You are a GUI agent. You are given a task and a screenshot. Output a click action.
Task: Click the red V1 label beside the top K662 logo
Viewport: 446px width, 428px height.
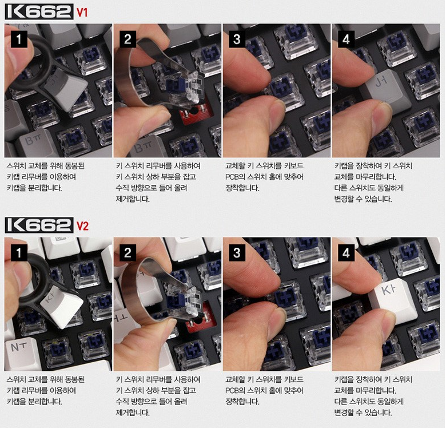[x=82, y=13]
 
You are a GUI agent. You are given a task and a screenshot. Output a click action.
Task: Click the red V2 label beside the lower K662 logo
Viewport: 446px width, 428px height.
[x=82, y=226]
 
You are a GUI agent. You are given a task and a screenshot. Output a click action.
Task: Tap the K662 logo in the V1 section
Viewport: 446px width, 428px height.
[x=39, y=12]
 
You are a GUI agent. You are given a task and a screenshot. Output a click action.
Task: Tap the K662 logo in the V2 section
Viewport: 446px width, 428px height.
[x=39, y=225]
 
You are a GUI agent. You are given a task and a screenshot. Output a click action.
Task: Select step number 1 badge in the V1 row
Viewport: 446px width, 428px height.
[x=19, y=39]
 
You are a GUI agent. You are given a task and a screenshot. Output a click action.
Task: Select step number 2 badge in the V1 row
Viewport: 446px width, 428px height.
[x=128, y=39]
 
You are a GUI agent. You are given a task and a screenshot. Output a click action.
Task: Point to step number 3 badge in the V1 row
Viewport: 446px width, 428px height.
[x=237, y=39]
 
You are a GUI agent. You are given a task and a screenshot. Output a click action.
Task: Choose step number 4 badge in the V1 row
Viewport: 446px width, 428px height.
[x=346, y=39]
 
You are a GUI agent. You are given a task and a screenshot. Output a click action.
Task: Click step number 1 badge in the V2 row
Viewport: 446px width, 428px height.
[x=19, y=253]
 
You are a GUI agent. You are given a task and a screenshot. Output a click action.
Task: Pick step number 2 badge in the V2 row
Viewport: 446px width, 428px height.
[x=128, y=253]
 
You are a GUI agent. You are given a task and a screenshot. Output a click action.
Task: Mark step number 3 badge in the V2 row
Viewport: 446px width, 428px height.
[x=237, y=253]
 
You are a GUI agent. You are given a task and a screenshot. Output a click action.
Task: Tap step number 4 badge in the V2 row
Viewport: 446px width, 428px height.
[x=346, y=253]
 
